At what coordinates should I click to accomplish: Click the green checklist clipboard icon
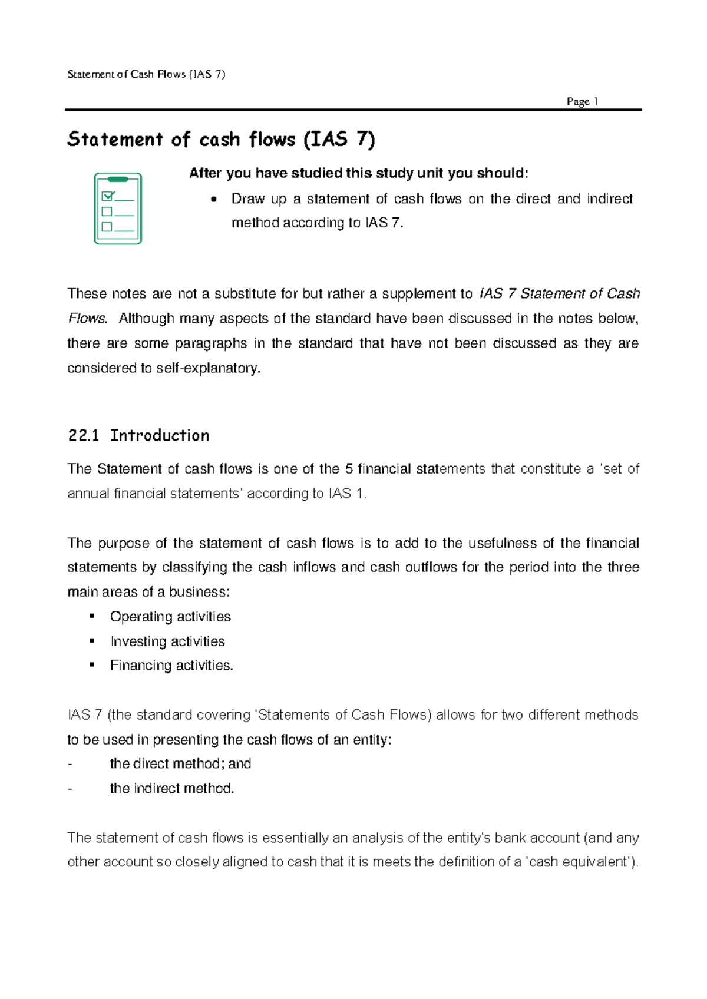click(118, 209)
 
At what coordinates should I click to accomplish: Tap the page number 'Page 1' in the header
click(582, 101)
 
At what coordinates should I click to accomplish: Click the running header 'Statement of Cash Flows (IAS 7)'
click(146, 74)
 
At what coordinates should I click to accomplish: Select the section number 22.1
click(82, 436)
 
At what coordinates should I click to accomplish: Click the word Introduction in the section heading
click(160, 436)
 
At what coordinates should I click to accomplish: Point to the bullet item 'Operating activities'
click(170, 617)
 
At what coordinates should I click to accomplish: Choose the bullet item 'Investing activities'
click(167, 641)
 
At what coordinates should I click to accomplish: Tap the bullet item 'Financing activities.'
click(171, 666)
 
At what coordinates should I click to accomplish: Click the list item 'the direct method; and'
click(180, 764)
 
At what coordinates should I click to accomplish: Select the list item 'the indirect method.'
click(172, 789)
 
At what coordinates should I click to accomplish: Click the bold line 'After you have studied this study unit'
click(358, 173)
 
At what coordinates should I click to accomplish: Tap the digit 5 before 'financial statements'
click(349, 469)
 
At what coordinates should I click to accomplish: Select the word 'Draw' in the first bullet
click(247, 199)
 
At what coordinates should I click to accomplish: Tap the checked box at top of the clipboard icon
click(107, 196)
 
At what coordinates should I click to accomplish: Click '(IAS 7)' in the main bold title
click(339, 140)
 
